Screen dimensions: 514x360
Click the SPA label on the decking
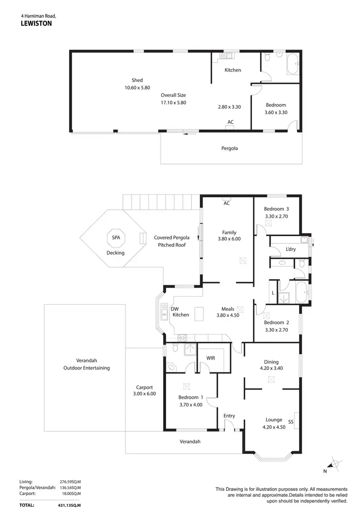116,238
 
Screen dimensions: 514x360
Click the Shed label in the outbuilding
137,80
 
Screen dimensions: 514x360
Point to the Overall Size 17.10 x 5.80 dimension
173,102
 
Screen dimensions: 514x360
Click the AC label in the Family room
227,203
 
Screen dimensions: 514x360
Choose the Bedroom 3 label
276,209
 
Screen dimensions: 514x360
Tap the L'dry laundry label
290,249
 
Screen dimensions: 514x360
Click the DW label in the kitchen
175,309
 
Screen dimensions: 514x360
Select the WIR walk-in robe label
210,358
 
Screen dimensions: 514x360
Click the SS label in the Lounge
290,422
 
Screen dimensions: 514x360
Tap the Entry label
229,416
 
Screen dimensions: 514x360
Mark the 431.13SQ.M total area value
69,505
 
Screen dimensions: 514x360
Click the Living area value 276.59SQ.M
70,481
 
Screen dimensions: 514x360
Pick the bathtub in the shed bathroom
293,64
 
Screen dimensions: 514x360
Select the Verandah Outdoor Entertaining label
86,364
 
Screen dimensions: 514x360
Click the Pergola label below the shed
229,148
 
